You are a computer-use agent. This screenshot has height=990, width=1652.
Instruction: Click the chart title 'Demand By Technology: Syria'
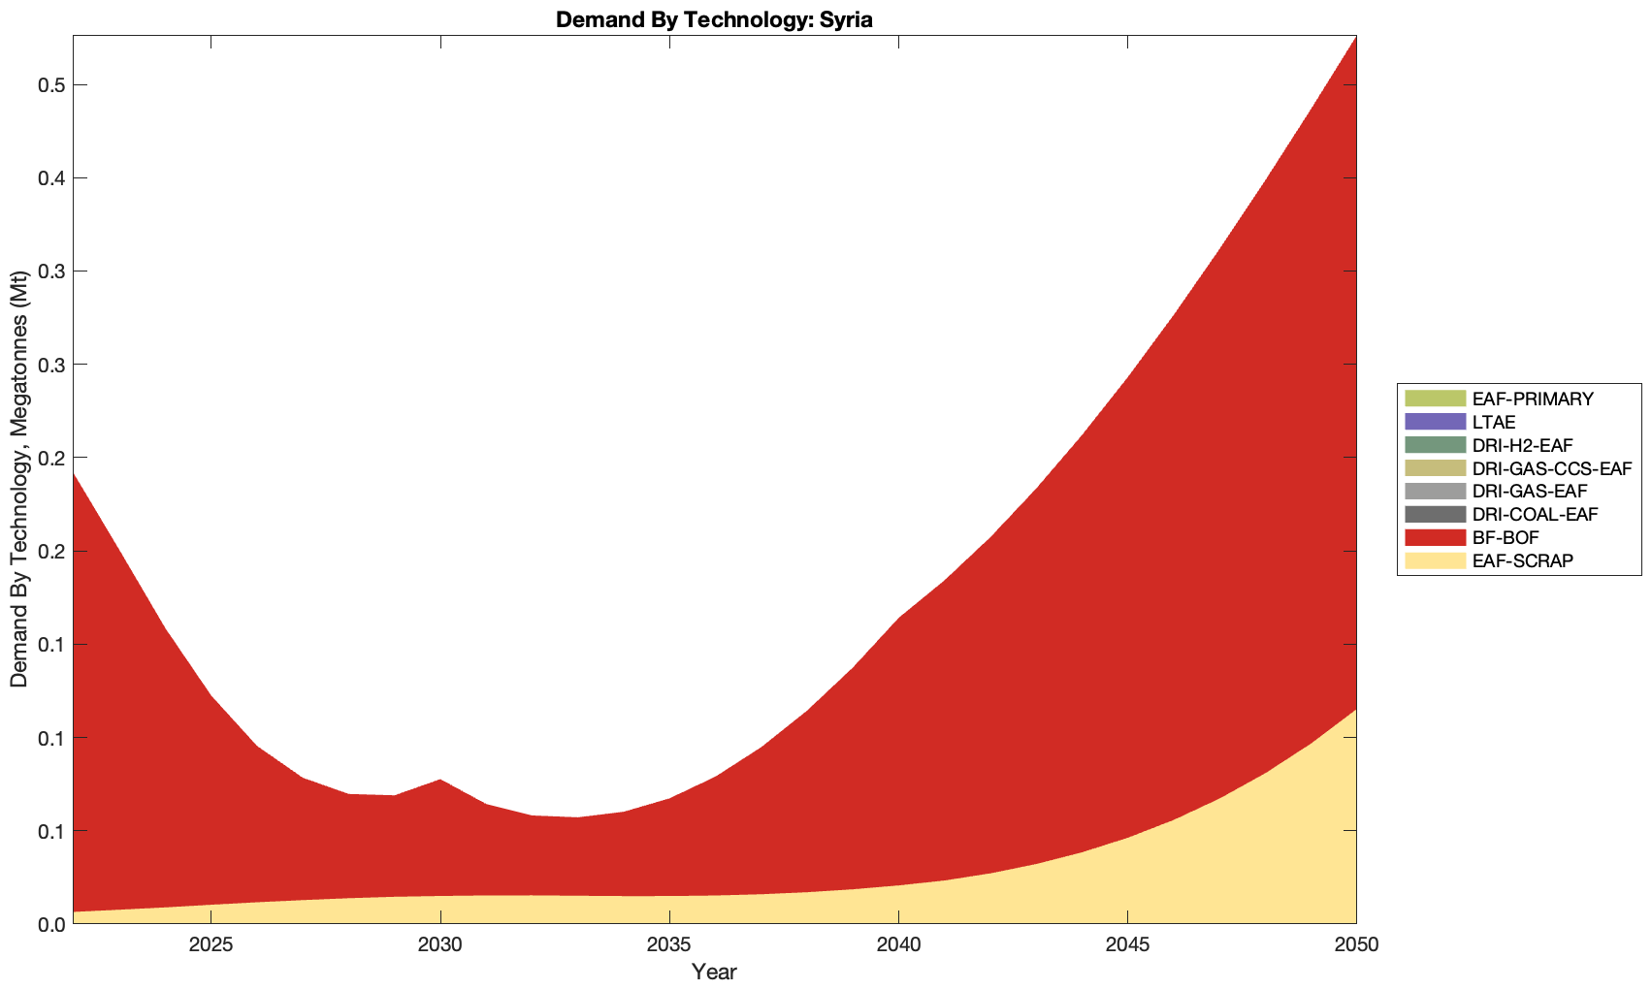[x=714, y=19]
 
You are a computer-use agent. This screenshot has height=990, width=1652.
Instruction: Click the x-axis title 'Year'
[x=714, y=971]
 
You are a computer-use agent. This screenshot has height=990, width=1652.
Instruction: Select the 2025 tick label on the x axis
[x=211, y=945]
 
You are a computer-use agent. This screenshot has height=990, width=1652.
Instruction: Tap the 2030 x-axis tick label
[x=440, y=945]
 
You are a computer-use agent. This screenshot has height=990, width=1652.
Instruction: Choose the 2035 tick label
[x=669, y=945]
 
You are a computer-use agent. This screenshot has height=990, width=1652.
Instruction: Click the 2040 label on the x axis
[x=898, y=945]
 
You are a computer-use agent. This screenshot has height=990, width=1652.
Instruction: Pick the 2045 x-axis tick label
[x=1127, y=945]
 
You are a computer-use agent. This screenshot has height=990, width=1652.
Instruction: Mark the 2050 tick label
[x=1356, y=945]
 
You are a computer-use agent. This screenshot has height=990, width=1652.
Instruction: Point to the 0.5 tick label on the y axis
[x=50, y=85]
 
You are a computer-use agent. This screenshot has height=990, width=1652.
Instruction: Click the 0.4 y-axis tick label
[x=50, y=178]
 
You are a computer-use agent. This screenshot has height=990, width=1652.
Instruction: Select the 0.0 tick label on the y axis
[x=50, y=925]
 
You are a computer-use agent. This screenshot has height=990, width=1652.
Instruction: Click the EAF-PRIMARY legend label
[x=1533, y=399]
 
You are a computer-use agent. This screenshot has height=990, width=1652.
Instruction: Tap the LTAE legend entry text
[x=1494, y=422]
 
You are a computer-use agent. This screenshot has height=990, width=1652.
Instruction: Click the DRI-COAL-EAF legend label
[x=1534, y=515]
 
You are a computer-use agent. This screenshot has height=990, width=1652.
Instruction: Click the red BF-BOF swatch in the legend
[x=1434, y=538]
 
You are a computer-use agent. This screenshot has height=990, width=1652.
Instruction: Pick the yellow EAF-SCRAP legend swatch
[x=1434, y=561]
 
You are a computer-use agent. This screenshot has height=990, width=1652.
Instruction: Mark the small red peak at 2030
[x=440, y=781]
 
